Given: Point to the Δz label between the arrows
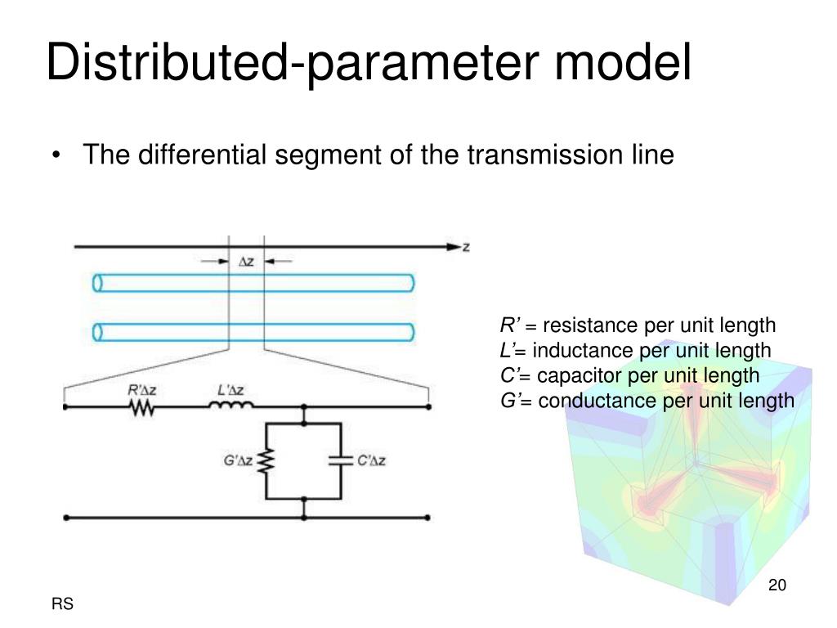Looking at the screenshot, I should pos(246,262).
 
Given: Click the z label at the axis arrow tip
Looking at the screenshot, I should pos(466,247).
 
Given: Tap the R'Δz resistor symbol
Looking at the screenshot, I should pos(142,406).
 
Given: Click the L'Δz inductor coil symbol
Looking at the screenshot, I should pos(235,405).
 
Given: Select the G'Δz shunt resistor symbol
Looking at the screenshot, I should pos(265,462).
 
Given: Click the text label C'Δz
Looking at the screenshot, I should pos(372,460).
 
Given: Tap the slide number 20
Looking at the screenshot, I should pos(777,585).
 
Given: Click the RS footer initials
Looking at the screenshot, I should pos(62,604).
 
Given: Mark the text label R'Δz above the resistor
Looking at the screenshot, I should pos(141,389).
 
